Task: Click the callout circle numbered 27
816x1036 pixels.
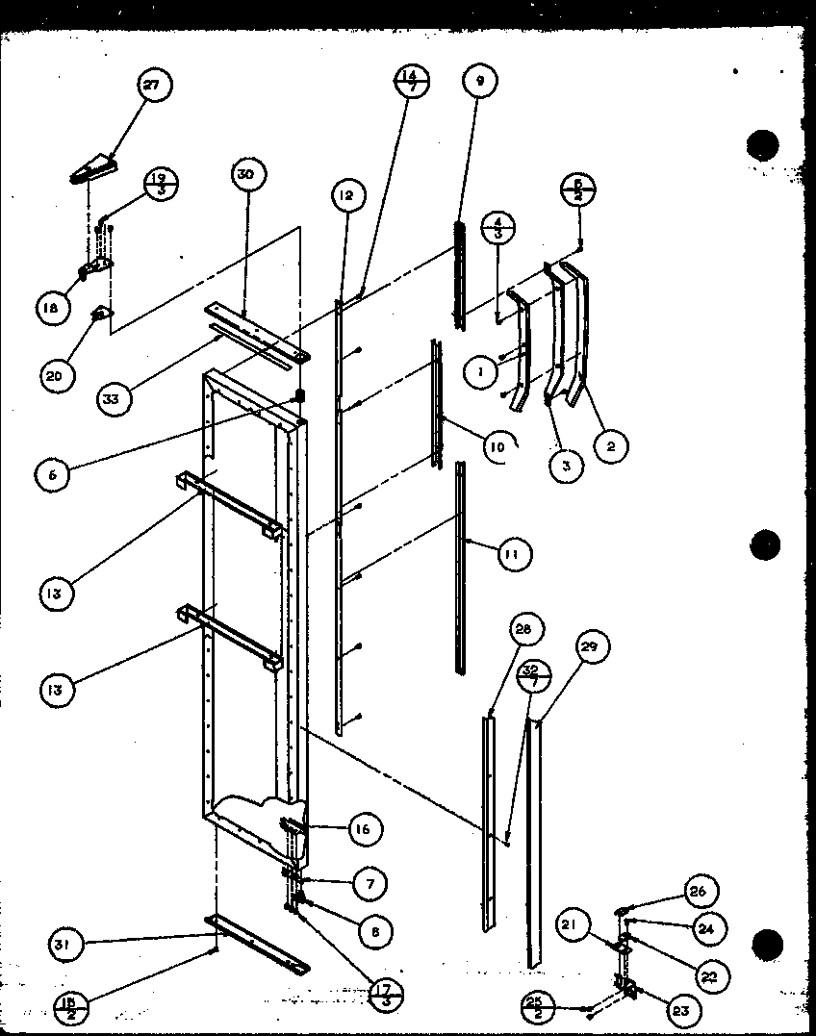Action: point(151,85)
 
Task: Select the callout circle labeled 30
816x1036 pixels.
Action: point(247,174)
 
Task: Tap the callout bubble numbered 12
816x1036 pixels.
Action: point(345,196)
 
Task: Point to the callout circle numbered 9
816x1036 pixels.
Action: point(480,82)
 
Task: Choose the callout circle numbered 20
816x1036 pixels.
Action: point(54,376)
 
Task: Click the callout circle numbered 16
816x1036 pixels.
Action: point(365,829)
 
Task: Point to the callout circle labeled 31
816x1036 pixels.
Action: point(67,945)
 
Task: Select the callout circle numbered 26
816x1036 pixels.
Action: point(698,892)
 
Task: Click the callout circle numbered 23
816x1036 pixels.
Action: point(681,1011)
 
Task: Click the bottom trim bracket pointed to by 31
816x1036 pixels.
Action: point(257,943)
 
